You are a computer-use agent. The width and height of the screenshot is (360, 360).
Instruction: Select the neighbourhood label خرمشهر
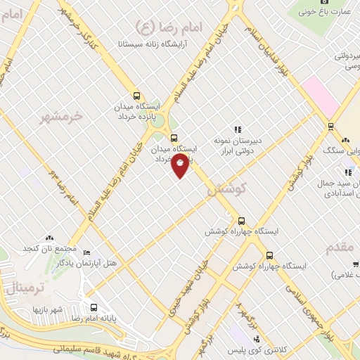pyautogui.click(x=61, y=115)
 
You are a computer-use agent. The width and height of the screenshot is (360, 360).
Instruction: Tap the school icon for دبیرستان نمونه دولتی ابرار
pyautogui.click(x=238, y=129)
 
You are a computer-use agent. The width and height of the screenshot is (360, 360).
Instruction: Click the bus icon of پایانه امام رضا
pyautogui.click(x=94, y=307)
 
